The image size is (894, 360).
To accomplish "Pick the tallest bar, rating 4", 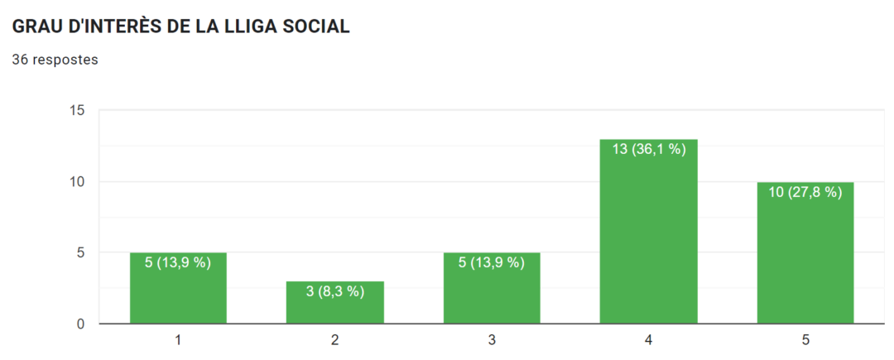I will (648, 240).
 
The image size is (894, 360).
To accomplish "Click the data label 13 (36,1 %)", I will (649, 150).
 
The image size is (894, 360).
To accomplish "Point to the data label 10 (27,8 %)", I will (805, 192).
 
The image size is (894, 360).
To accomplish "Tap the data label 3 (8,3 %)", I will (335, 291).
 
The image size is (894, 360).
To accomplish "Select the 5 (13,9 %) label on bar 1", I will (178, 263).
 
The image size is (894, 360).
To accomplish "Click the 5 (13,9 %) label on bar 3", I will (492, 263).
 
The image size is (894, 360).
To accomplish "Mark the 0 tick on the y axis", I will (80, 324).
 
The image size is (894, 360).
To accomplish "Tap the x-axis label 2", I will (335, 340).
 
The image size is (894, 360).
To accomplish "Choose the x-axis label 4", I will (649, 340).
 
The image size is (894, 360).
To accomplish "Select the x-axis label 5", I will (805, 340).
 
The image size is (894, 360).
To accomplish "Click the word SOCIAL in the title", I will (315, 26).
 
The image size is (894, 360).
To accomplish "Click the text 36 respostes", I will (55, 60).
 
